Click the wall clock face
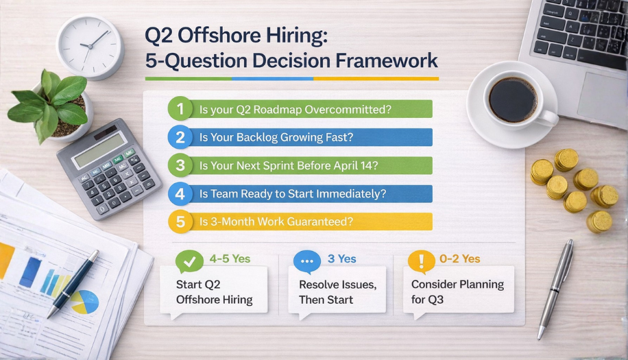click(x=89, y=46)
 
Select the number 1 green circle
click(x=180, y=109)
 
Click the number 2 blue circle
click(x=180, y=137)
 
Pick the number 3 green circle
click(x=180, y=165)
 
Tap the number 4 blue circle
click(x=180, y=194)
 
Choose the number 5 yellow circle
click(x=180, y=221)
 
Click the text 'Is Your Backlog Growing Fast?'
click(x=276, y=137)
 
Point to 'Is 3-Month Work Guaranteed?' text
click(x=276, y=221)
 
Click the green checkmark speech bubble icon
click(x=189, y=261)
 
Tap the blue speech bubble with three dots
click(x=306, y=261)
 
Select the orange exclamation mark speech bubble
click(x=421, y=261)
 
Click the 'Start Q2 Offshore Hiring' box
click(x=214, y=291)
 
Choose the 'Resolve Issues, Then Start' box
click(x=335, y=291)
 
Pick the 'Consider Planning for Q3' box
click(x=457, y=291)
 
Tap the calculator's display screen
click(x=99, y=149)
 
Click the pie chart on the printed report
click(x=84, y=302)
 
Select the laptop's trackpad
click(x=602, y=96)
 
